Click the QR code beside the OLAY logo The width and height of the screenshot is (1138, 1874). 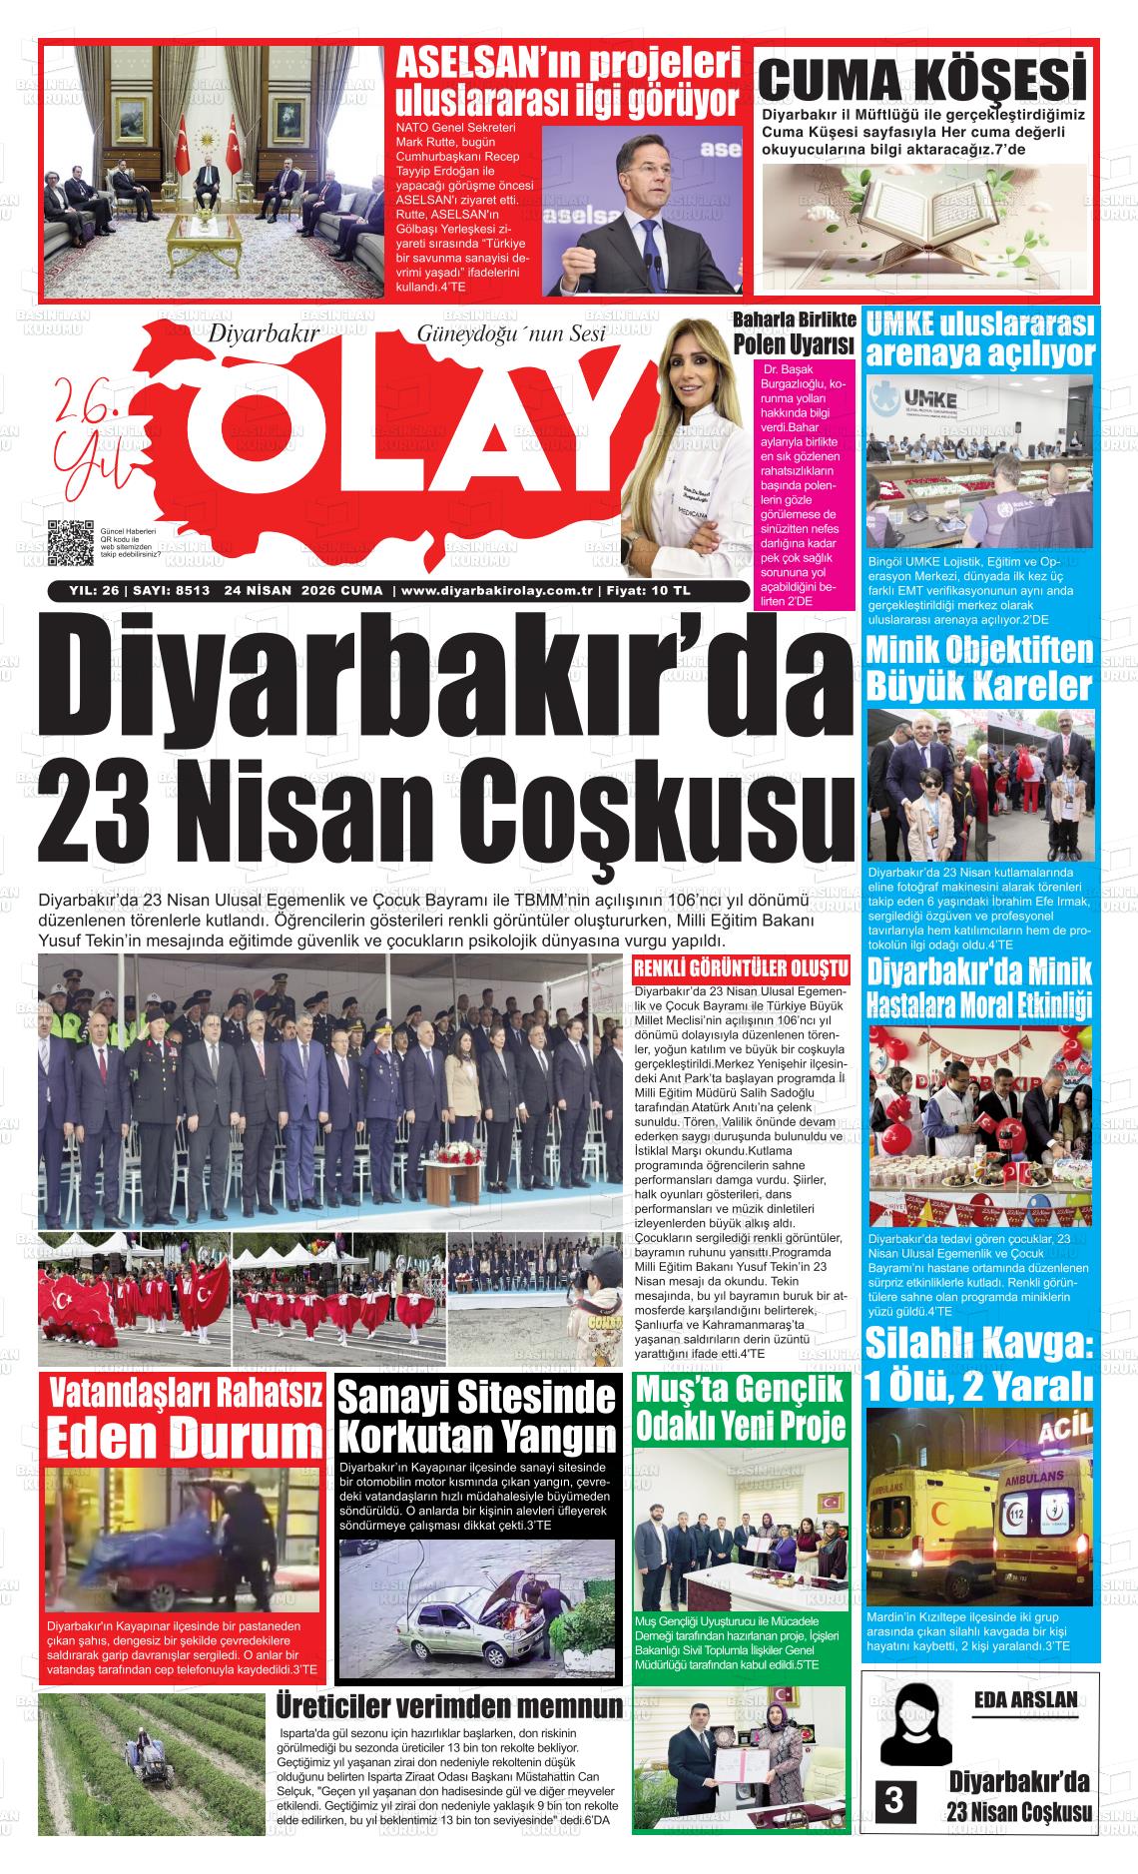click(x=70, y=544)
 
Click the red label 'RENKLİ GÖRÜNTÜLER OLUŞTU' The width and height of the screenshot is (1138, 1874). click(x=741, y=968)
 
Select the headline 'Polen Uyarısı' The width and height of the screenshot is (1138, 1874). click(x=795, y=345)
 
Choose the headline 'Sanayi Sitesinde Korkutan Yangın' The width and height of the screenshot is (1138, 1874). click(x=478, y=1418)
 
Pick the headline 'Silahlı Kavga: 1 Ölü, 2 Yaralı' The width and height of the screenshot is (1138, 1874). click(x=979, y=1364)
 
